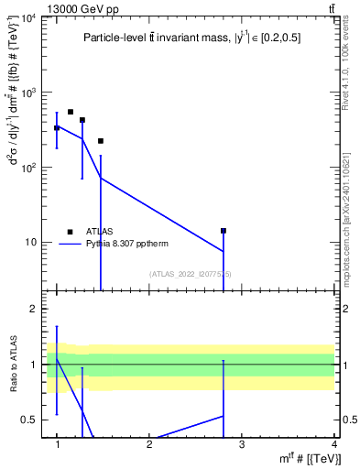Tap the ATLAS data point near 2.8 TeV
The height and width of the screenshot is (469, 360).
coord(223,231)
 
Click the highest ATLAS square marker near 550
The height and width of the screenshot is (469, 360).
coord(71,112)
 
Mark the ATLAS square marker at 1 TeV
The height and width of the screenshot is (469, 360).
coord(57,127)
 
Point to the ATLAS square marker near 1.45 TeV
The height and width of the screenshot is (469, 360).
coord(101,141)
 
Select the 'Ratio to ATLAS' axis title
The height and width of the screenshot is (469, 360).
coord(12,364)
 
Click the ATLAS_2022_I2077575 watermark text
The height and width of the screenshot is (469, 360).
coord(191,274)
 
